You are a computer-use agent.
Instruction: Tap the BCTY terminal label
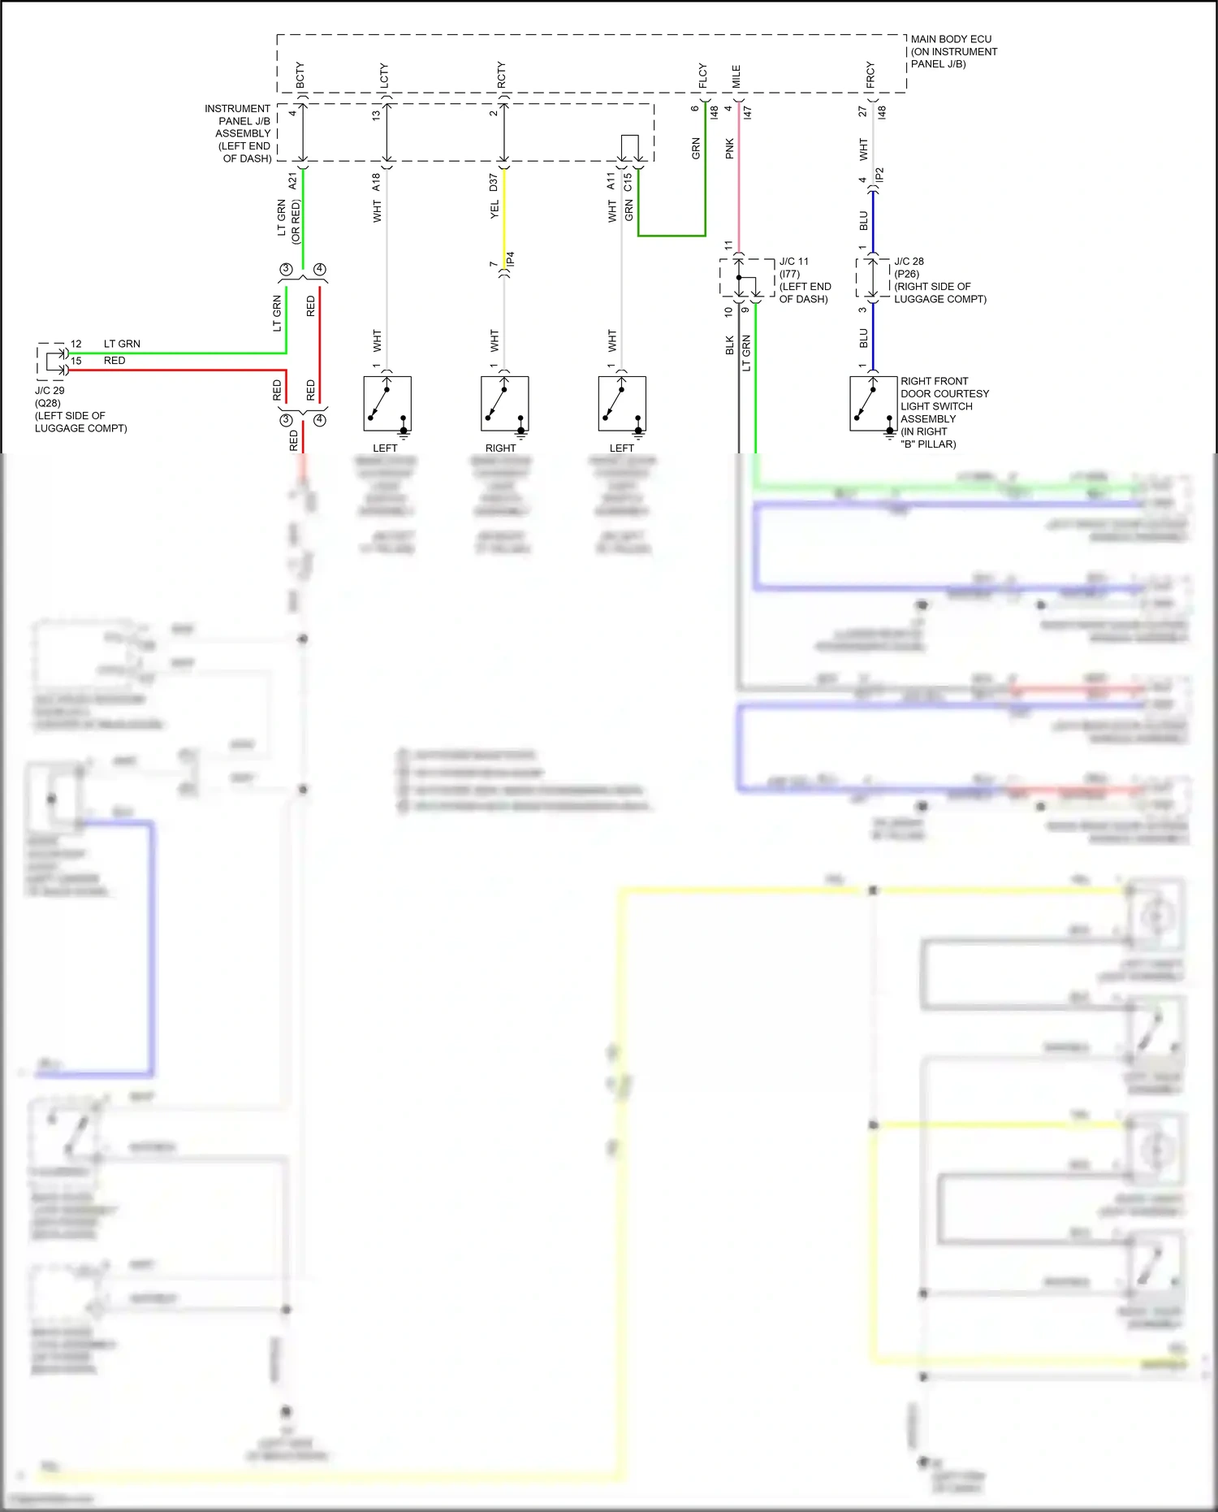point(300,75)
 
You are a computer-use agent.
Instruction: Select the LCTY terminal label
point(384,75)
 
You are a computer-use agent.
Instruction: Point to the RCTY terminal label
point(502,75)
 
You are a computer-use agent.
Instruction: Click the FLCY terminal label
point(703,76)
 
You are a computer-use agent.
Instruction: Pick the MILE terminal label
point(736,76)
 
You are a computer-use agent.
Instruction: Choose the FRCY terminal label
point(870,75)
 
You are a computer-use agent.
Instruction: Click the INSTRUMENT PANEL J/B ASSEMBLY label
point(239,133)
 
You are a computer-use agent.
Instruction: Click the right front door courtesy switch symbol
point(874,404)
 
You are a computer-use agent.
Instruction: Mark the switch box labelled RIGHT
point(505,404)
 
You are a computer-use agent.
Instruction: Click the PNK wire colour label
point(730,149)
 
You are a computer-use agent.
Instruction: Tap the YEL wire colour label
point(495,210)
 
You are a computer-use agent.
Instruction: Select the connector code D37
point(494,183)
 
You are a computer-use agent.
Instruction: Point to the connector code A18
point(377,182)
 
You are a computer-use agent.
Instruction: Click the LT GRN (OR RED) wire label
point(289,221)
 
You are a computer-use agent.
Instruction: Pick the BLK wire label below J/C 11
point(730,345)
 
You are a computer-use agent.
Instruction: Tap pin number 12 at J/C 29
point(76,344)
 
